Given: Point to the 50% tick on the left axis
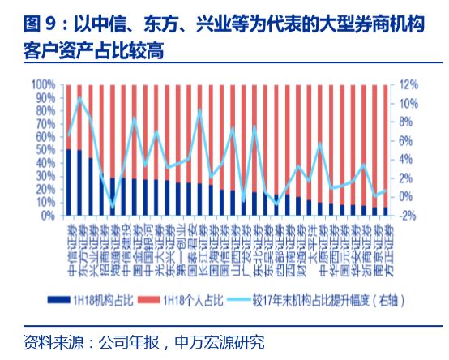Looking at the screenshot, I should (45, 150).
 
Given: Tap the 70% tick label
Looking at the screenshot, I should (45, 124).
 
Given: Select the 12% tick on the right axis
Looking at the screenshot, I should (407, 84).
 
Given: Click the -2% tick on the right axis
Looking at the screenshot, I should (407, 216).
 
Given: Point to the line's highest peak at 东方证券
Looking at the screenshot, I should (79, 99).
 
